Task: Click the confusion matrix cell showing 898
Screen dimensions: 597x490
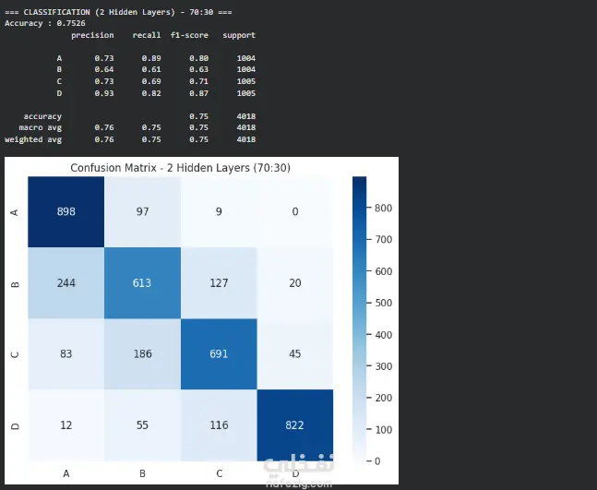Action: (66, 211)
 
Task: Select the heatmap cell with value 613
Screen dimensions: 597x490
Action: (142, 283)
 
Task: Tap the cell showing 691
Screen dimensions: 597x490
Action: (219, 354)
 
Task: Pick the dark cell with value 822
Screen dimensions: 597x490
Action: (295, 425)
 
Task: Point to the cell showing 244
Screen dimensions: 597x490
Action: (66, 283)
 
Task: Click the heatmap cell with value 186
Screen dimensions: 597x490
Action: (142, 354)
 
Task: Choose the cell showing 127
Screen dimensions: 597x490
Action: (219, 283)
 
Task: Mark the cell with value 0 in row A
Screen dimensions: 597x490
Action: (295, 211)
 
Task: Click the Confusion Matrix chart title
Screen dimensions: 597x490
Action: (181, 168)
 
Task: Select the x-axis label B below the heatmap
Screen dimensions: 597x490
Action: (142, 473)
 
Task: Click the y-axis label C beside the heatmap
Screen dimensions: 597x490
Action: (15, 354)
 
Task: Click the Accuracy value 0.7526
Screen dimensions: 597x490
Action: (71, 23)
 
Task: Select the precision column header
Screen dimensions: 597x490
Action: (92, 35)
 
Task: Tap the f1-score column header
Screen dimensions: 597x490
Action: (189, 35)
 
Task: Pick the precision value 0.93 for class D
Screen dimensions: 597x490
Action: (104, 93)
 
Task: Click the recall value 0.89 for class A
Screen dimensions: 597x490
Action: (151, 58)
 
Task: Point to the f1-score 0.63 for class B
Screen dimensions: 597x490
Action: (198, 70)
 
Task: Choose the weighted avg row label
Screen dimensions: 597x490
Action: (33, 139)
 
